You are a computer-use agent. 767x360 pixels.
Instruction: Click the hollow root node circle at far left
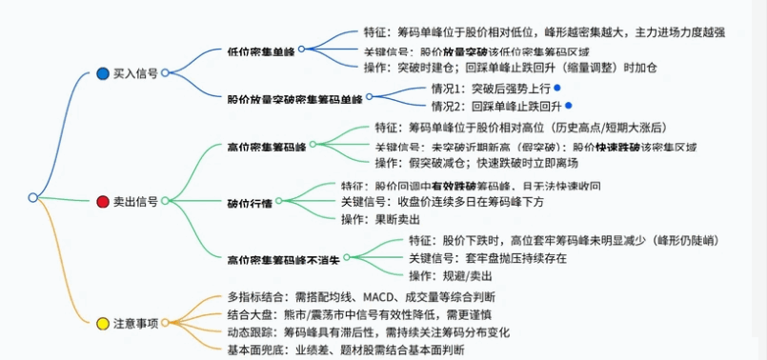coord(32,197)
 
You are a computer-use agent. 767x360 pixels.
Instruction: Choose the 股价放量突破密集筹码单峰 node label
coord(294,97)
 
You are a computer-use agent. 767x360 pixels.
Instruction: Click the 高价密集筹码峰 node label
coord(267,146)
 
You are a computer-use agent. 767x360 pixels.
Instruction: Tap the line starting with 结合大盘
coord(361,314)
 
